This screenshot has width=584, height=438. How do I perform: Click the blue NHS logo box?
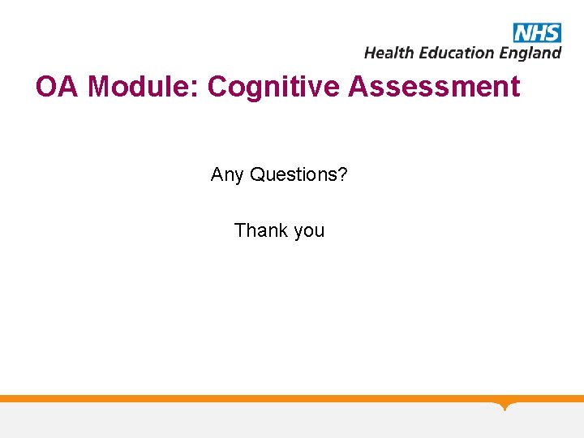point(536,32)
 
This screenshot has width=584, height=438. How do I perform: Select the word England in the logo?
point(530,54)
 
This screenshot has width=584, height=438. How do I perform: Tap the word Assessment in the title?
point(434,87)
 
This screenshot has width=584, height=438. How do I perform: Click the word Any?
point(227,174)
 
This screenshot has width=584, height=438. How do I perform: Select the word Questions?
point(298,174)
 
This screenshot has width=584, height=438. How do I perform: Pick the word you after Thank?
point(309,231)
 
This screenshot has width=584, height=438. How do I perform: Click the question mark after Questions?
point(343,174)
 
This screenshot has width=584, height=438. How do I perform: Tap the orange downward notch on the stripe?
point(505,405)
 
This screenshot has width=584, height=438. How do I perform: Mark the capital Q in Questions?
point(257,174)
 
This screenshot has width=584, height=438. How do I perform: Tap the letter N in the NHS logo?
point(522,32)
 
